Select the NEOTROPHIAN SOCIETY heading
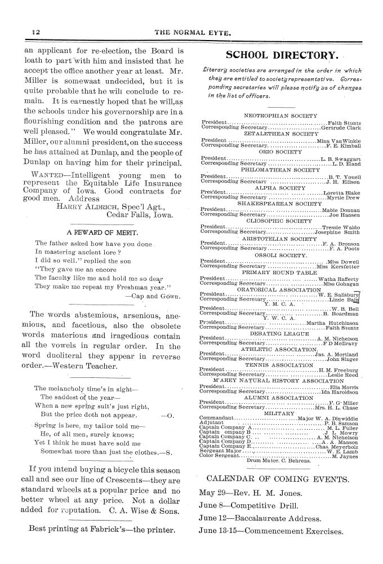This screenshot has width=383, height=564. (278, 114)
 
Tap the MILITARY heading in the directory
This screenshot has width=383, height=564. (278, 412)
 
